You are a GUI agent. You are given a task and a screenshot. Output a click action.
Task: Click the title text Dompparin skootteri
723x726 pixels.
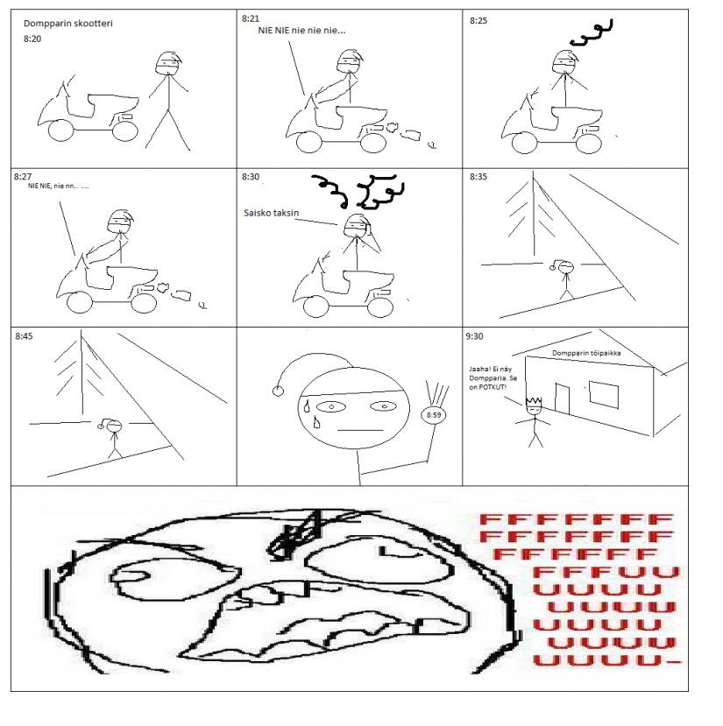click(68, 23)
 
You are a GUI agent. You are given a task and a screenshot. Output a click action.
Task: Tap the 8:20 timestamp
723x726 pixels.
click(32, 39)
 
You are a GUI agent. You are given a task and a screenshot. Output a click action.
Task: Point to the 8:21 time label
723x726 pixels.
click(251, 18)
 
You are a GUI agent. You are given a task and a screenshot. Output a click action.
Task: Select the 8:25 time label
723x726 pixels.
click(478, 20)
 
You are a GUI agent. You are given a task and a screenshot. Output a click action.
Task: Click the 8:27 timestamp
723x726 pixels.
click(23, 176)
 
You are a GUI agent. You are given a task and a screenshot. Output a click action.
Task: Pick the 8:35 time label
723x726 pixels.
click(478, 176)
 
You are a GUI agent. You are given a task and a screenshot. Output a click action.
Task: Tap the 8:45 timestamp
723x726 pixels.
click(24, 336)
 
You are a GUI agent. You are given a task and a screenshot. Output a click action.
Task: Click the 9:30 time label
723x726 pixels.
click(474, 336)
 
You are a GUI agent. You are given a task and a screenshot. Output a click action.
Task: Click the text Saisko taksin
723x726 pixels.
click(271, 213)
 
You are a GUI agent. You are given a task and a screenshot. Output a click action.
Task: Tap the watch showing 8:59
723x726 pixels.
click(433, 415)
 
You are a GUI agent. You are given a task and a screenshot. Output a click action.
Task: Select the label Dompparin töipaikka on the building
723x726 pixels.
click(586, 353)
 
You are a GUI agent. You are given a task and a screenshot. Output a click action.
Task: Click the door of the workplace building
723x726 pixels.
click(562, 398)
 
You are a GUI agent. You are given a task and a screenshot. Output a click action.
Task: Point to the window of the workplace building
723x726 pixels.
click(604, 395)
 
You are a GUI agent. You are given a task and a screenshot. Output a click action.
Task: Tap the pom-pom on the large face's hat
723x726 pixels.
click(278, 391)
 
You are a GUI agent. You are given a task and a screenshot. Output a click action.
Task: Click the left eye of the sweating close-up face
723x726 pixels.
click(331, 407)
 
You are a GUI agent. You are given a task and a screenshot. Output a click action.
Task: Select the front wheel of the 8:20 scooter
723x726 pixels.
click(60, 130)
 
